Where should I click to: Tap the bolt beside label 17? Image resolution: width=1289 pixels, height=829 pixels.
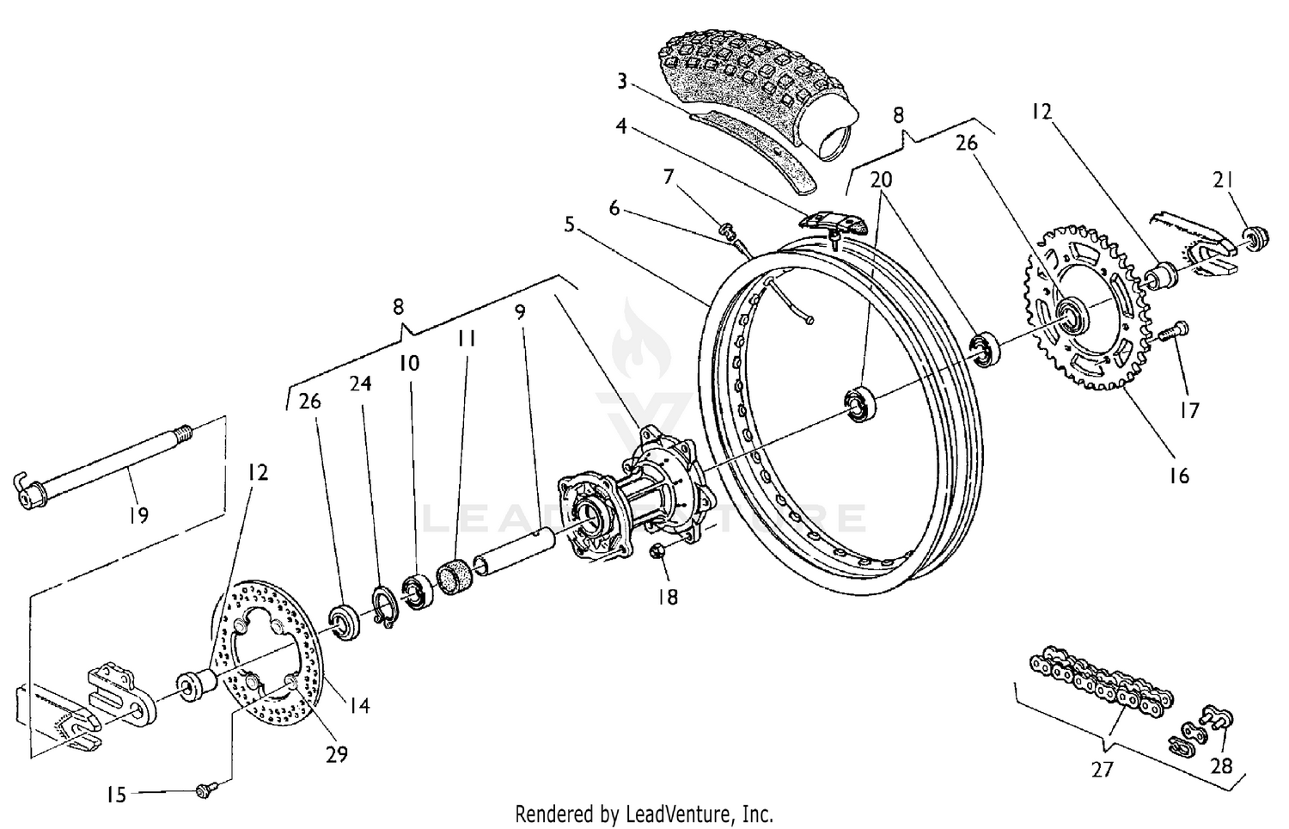(1172, 330)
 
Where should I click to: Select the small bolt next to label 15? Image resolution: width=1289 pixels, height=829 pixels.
(205, 788)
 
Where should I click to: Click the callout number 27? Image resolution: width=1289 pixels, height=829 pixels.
(1103, 769)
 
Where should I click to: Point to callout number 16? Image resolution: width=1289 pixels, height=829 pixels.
(1179, 475)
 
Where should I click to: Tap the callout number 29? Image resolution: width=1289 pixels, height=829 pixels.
(336, 754)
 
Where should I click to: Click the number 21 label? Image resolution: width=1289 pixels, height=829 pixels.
(1224, 181)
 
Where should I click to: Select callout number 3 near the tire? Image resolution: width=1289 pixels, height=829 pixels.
(622, 83)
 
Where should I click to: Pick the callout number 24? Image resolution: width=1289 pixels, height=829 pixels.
(360, 384)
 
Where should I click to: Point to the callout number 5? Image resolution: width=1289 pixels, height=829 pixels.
(570, 225)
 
